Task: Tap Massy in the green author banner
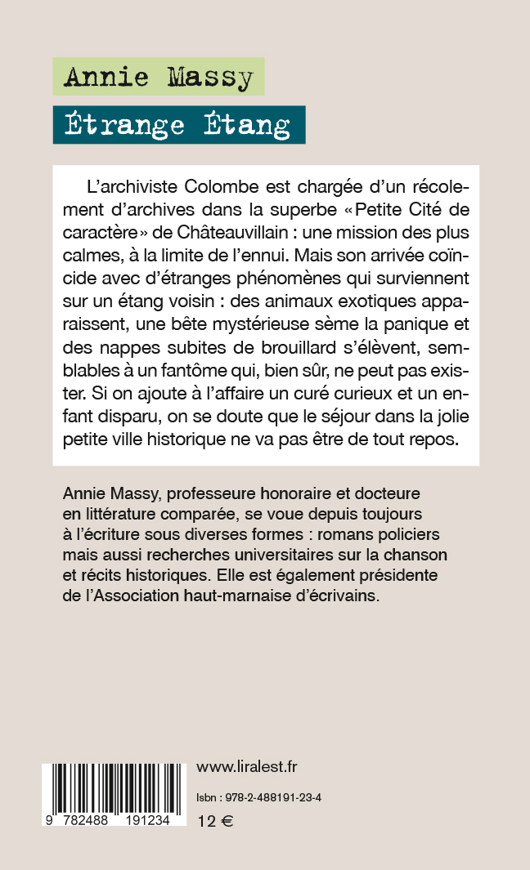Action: pos(210,78)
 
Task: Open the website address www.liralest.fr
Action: pos(247,766)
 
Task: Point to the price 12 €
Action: pos(215,823)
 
